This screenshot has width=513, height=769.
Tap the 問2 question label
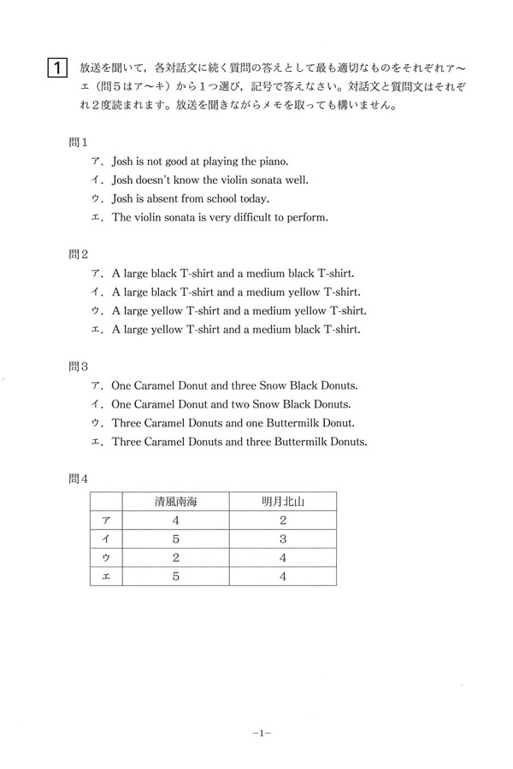[x=79, y=254]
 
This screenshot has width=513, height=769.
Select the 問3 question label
[x=79, y=367]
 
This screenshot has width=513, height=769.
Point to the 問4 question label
[x=79, y=479]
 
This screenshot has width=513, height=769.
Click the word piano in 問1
[x=273, y=161]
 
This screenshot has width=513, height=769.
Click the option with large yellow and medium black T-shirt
[x=235, y=330]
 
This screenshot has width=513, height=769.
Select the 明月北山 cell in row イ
[x=282, y=539]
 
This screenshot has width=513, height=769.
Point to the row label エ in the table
[x=106, y=577]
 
